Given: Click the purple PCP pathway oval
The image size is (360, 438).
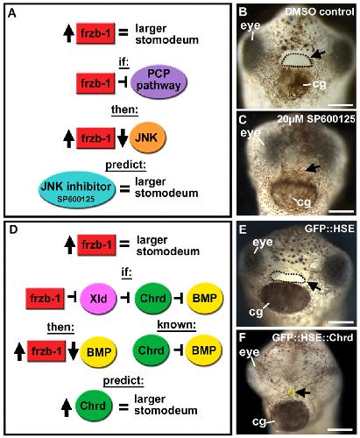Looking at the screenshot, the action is [x=159, y=82].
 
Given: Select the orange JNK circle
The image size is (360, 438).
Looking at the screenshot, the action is [x=147, y=138].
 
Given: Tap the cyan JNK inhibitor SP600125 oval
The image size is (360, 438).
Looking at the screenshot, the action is [x=77, y=190].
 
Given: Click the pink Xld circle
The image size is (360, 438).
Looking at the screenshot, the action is [x=98, y=299].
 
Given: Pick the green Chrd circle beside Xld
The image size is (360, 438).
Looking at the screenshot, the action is [x=152, y=299].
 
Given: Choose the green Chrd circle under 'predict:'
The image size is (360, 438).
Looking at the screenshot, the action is [x=94, y=406].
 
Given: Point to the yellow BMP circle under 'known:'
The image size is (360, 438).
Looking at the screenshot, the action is [x=204, y=350].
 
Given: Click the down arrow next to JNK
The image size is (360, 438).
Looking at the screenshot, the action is [x=123, y=138].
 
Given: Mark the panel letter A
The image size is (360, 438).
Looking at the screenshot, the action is [x=11, y=13].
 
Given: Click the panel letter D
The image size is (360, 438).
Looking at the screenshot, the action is [x=13, y=230].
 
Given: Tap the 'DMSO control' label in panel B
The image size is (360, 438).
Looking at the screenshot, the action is [x=320, y=12].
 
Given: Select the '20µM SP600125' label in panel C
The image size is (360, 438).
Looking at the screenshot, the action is [x=316, y=119].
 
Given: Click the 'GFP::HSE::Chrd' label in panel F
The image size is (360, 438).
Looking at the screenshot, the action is [x=313, y=337].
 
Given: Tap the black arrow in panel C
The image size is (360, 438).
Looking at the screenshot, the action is [x=313, y=168].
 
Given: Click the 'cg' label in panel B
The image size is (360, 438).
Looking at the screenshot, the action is [x=319, y=84].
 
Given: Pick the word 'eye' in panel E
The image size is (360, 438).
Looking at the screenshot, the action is [x=263, y=242].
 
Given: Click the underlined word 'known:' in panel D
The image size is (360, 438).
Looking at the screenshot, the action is [x=176, y=324].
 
